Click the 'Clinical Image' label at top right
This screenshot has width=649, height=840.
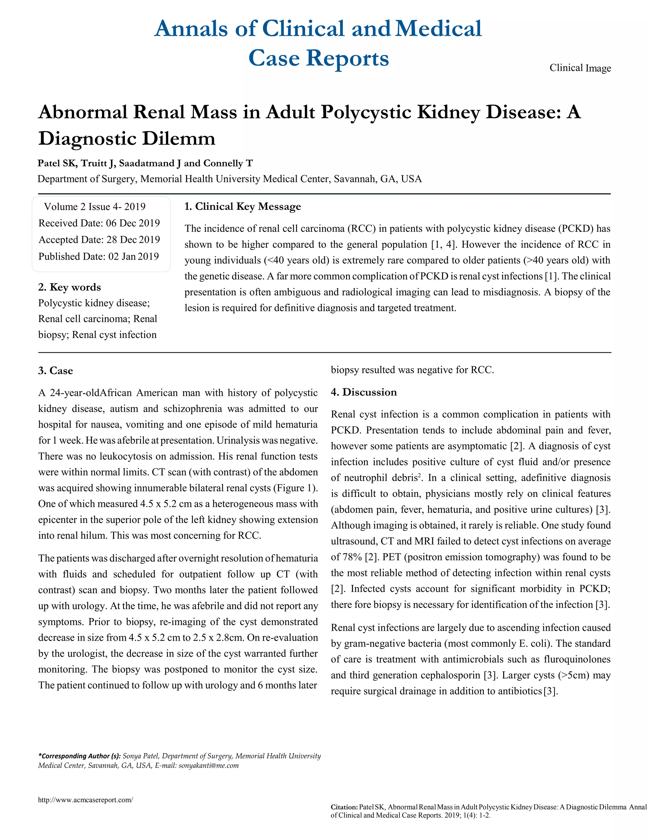coord(580,68)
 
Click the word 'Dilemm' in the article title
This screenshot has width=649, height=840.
coord(178,139)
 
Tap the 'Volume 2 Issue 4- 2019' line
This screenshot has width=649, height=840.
coord(94,207)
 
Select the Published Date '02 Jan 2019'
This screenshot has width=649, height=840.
coord(133,256)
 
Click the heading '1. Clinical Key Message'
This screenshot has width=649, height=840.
coord(243,207)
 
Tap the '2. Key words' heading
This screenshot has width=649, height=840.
coord(70,287)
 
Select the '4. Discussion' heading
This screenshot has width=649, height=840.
coord(364,392)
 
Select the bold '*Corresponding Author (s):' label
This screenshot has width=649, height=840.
coord(79,756)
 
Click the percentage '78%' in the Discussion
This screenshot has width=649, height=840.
coord(346,557)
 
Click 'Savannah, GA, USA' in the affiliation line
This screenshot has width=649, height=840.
coord(377,179)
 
